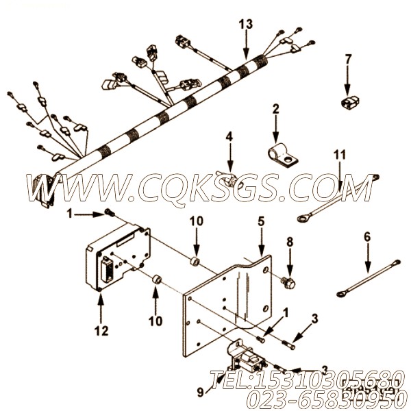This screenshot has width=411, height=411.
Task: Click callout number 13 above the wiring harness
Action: [246, 24]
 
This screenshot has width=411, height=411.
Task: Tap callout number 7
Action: [347, 60]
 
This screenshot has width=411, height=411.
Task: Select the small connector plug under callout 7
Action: [349, 101]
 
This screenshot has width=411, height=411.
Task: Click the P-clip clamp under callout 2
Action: [284, 155]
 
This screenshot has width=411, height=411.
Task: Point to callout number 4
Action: [229, 136]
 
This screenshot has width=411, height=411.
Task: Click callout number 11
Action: [340, 155]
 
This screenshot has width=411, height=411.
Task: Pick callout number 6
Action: [367, 237]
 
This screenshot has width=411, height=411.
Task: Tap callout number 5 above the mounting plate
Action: [261, 221]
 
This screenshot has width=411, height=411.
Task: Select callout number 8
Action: [290, 242]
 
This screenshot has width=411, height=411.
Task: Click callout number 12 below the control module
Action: [101, 331]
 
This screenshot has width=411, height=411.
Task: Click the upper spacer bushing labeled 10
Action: [195, 262]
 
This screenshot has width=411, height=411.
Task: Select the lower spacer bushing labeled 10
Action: [157, 279]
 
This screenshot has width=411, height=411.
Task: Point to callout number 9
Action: [201, 391]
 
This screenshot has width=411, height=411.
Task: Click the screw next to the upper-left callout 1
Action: [110, 212]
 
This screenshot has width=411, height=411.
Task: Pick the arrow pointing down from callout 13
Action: [246, 45]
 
